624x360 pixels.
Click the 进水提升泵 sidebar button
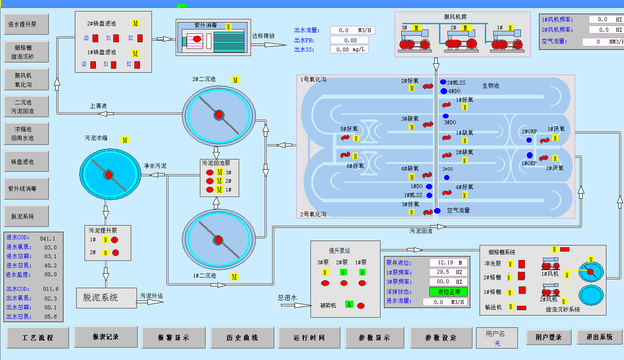tap(26, 25)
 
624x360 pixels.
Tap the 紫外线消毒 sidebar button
tap(26, 189)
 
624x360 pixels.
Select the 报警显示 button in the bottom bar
tap(174, 338)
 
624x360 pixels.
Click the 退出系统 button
tap(599, 337)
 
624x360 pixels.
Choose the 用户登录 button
tap(549, 337)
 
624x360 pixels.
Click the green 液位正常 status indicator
tap(448, 292)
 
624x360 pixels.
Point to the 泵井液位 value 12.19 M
tap(448, 263)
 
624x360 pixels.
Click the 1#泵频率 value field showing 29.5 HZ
tap(448, 272)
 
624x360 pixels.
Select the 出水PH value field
tap(350, 40)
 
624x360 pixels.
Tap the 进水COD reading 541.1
tap(48, 238)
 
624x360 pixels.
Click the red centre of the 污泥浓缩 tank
tap(109, 175)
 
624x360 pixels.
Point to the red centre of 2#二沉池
tap(219, 115)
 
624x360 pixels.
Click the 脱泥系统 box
tap(106, 298)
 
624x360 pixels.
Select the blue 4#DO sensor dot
tap(443, 91)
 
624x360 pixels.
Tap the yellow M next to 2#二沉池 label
tap(236, 80)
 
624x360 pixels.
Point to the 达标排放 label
tap(263, 36)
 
